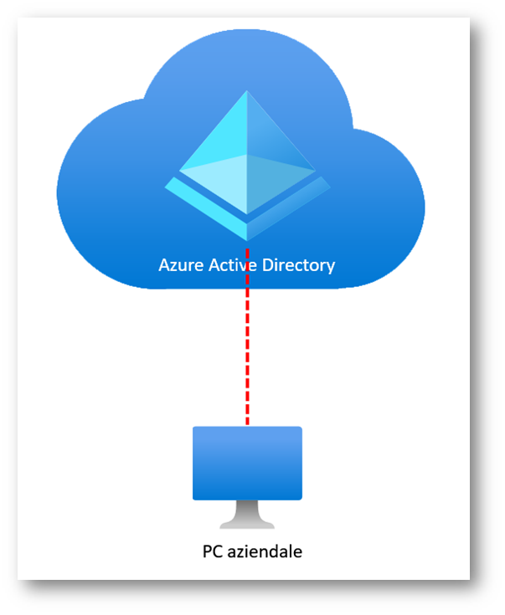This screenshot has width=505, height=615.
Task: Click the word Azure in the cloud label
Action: [178, 265]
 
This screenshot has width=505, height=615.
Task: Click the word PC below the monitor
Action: [213, 551]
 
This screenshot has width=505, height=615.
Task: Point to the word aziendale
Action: [265, 551]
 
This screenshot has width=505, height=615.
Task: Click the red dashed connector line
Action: [248, 351]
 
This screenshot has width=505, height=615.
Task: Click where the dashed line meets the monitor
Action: [248, 427]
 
